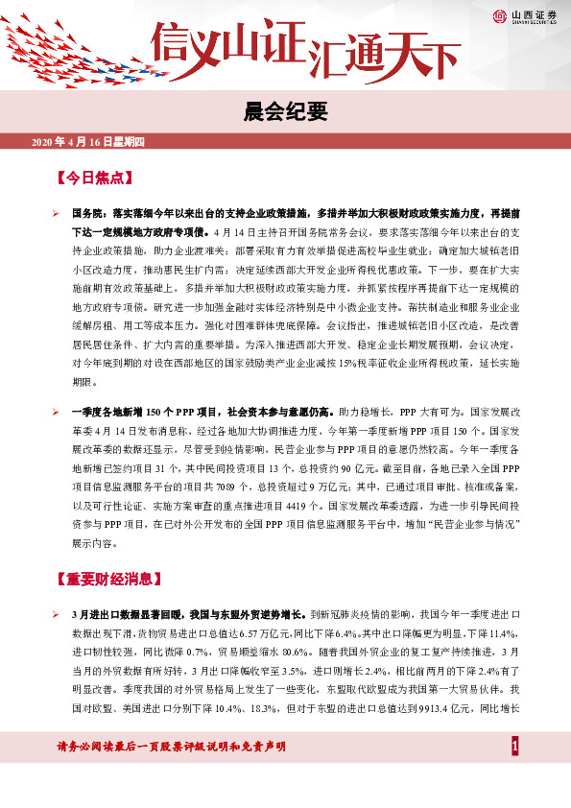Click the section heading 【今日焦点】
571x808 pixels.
93,178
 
